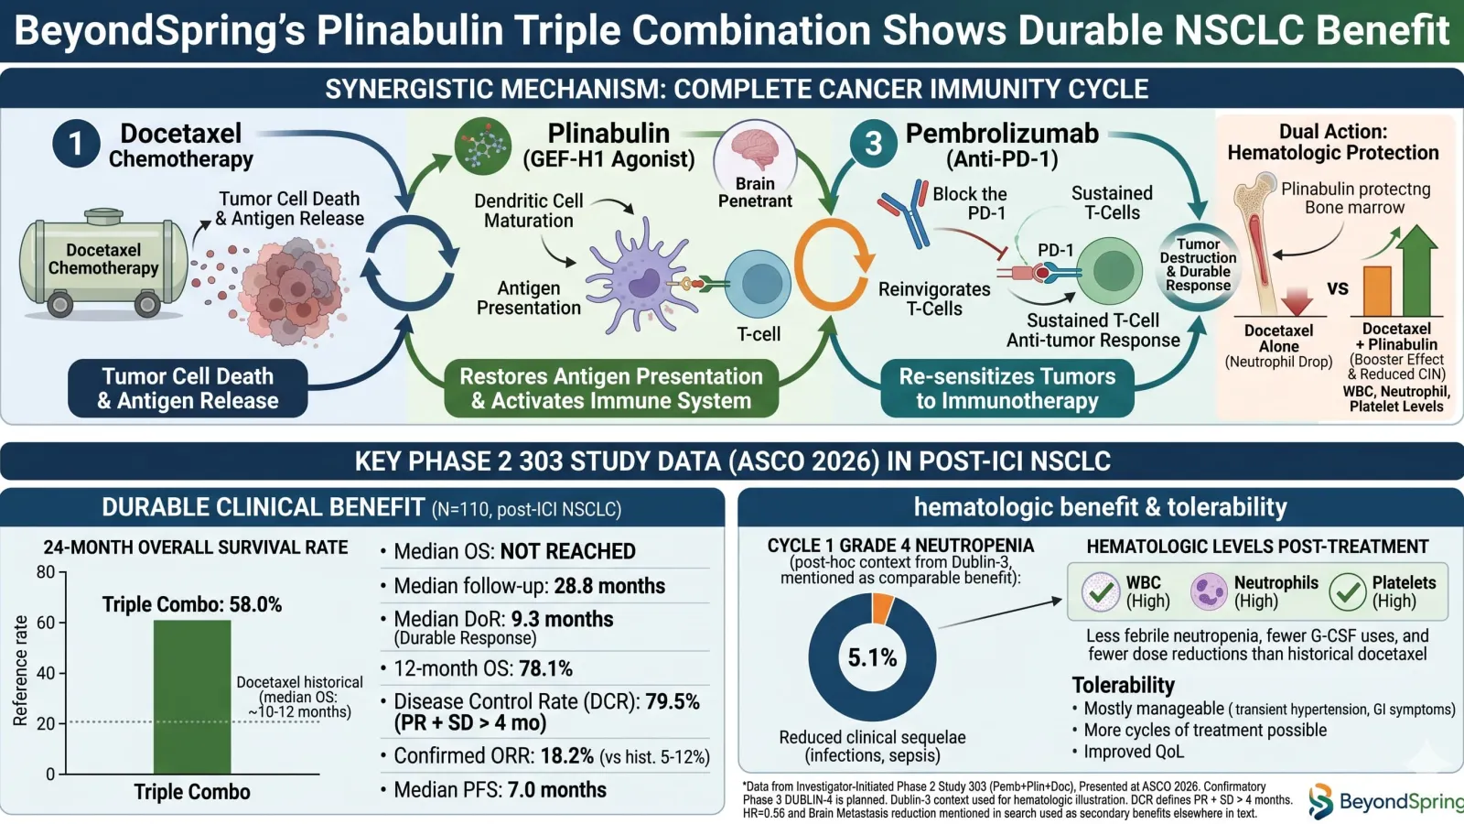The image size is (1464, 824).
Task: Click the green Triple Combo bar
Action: [x=192, y=697]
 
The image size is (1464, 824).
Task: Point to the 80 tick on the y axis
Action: [x=46, y=572]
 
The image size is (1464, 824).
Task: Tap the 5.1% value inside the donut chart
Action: [x=872, y=657]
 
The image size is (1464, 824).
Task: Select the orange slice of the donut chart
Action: [x=882, y=608]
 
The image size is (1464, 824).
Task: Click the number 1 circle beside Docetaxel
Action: [x=77, y=144]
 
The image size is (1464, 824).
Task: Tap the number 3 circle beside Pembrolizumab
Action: [x=873, y=144]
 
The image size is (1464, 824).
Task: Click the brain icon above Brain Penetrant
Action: [x=756, y=151]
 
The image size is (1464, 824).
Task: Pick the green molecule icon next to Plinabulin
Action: [x=483, y=146]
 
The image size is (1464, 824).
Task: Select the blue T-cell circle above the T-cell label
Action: [x=759, y=284]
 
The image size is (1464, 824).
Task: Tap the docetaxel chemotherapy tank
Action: [x=103, y=263]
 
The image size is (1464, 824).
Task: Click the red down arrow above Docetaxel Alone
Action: [x=1297, y=301]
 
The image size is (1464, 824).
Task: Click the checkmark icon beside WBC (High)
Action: [x=1102, y=591]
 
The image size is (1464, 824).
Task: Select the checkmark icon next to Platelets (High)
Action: [x=1348, y=591]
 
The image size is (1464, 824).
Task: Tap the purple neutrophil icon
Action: [x=1209, y=591]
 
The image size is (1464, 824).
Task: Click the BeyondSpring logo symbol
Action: [x=1321, y=800]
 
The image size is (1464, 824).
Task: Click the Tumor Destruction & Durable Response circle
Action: [x=1198, y=265]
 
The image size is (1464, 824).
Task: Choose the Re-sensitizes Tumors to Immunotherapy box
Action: [x=1007, y=388]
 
